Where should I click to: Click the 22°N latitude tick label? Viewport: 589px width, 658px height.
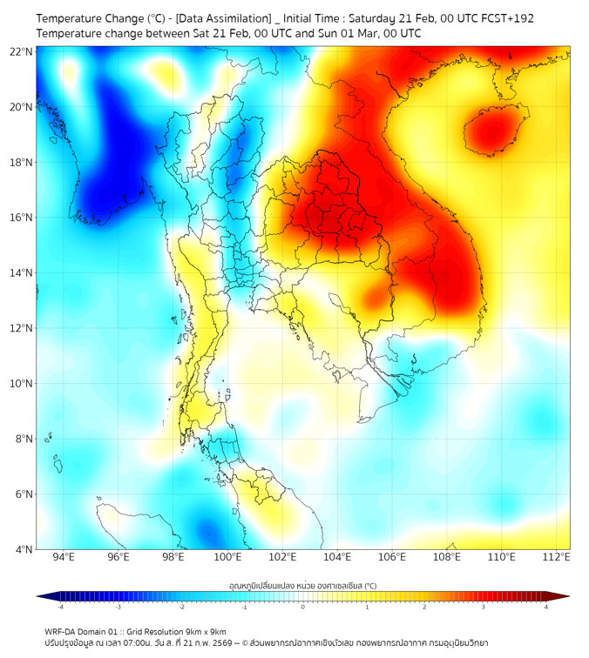pos(22,52)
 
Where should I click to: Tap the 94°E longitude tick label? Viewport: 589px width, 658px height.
pos(64,557)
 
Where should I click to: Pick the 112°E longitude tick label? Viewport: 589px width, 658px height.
pos(557,557)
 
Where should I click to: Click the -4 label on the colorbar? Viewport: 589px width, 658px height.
pos(60,607)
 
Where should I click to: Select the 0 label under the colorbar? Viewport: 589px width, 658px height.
pos(303,607)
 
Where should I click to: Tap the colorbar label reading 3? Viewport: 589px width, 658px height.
pos(484,607)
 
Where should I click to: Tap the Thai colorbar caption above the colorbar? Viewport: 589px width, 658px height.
pos(302,586)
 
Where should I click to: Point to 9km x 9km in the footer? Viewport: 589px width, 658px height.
pos(205,631)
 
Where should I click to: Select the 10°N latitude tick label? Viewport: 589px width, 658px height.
pos(22,384)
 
